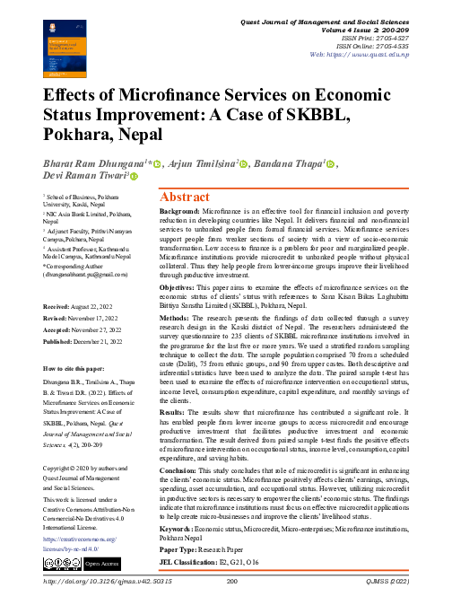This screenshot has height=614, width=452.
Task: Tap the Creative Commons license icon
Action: coord(61,562)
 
